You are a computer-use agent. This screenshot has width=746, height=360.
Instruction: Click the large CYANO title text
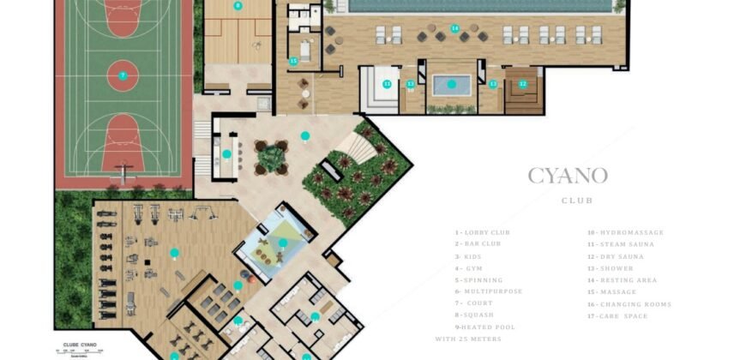(568, 177)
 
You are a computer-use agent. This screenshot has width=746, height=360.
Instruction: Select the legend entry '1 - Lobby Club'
(482, 232)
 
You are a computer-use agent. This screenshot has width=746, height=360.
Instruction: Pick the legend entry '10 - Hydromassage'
(625, 232)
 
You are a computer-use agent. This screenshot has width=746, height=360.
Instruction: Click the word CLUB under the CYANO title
(576, 201)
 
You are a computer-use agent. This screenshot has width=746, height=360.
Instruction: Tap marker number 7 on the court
(123, 75)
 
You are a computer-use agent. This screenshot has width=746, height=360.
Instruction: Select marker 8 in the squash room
(238, 6)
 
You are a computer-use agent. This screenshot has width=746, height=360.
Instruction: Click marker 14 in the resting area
(454, 28)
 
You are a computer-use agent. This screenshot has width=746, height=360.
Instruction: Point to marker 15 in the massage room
(293, 61)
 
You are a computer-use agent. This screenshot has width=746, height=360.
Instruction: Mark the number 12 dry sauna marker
(522, 84)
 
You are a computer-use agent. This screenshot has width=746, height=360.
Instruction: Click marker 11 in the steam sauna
(388, 84)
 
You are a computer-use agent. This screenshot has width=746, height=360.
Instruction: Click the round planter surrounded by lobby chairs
(272, 157)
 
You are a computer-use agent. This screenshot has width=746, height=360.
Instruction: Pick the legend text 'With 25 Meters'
(468, 339)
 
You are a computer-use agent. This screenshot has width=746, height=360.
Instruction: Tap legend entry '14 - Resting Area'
(623, 280)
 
